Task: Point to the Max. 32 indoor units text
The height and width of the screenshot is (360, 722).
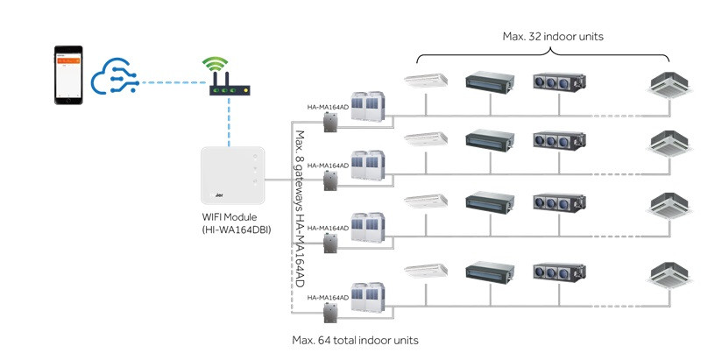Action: click(x=552, y=37)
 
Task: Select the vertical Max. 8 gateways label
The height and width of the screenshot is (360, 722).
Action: click(x=299, y=210)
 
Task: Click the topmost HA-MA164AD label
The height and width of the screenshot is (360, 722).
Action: click(x=329, y=107)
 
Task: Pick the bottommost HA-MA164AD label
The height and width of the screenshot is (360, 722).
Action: click(x=329, y=298)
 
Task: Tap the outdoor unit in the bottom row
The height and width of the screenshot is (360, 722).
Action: click(x=369, y=298)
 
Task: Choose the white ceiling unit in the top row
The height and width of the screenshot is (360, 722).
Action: click(x=426, y=81)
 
